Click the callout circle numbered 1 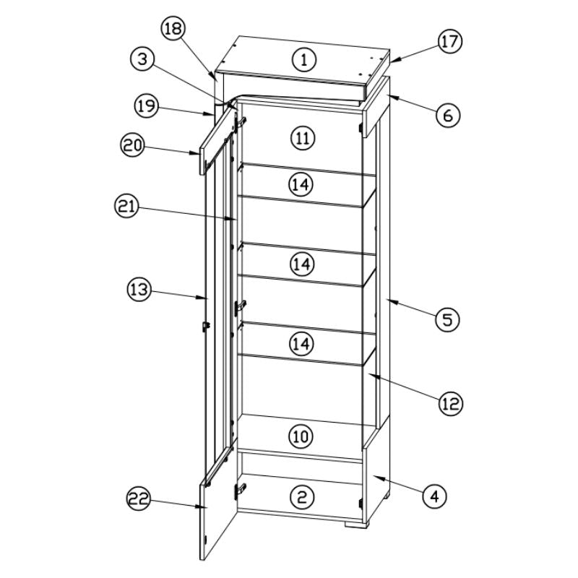(304, 59)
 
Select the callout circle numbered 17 (449, 41)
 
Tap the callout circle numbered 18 (173, 29)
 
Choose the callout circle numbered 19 (147, 105)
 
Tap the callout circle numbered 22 (139, 498)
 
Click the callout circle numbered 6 (447, 114)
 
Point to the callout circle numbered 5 (447, 318)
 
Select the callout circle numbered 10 (301, 436)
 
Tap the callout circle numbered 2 (302, 496)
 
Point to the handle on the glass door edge (205, 327)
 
